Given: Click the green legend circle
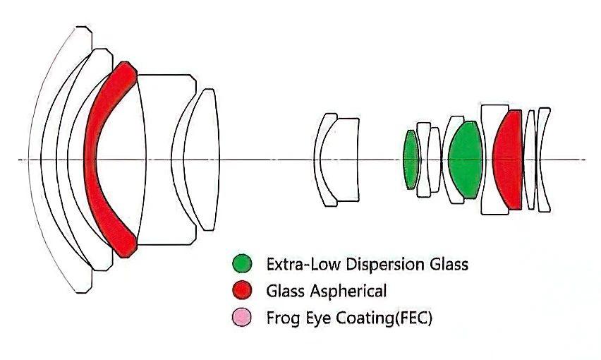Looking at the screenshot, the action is point(242,264).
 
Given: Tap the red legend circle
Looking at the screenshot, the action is point(242,290).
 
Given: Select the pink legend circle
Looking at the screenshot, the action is point(242,318).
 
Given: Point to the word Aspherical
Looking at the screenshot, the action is point(348,291).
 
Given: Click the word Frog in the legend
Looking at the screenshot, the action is point(283,318).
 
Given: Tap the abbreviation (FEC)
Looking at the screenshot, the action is point(413,318).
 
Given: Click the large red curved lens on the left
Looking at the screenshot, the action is point(92,159).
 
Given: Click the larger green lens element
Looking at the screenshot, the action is point(466,160).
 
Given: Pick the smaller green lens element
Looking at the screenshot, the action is point(411,160).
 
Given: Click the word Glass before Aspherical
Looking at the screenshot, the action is point(285,291).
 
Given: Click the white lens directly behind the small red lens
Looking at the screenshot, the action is point(530,160).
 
